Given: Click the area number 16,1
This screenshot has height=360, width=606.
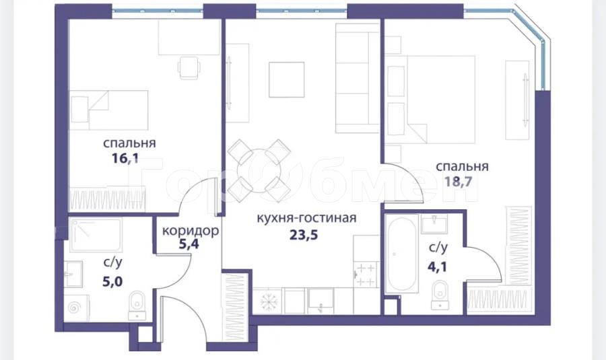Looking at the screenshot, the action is pyautogui.click(x=125, y=158).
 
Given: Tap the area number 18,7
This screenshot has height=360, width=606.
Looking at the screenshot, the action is pyautogui.click(x=458, y=181).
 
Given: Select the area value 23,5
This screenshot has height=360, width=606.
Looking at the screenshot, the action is pyautogui.click(x=304, y=234).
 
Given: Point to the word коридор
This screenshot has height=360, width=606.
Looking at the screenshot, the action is pyautogui.click(x=191, y=231).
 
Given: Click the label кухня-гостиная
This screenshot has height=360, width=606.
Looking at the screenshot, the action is pyautogui.click(x=306, y=218).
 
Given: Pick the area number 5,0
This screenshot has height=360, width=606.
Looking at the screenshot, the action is pyautogui.click(x=112, y=281).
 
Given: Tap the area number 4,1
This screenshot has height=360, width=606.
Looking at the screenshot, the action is pyautogui.click(x=437, y=266).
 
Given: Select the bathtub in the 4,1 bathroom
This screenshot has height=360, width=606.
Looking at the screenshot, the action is pyautogui.click(x=402, y=254).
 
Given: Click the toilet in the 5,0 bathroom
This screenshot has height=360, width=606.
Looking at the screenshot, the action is pyautogui.click(x=137, y=305).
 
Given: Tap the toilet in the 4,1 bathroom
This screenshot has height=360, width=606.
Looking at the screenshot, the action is pyautogui.click(x=440, y=295).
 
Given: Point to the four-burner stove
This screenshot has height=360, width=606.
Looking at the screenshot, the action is pyautogui.click(x=365, y=275).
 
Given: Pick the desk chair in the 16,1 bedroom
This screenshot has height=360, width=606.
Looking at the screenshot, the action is pyautogui.click(x=189, y=67).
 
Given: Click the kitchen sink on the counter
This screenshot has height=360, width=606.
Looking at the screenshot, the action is pyautogui.click(x=321, y=301).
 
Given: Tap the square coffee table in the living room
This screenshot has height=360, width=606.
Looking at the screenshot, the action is pyautogui.click(x=287, y=79).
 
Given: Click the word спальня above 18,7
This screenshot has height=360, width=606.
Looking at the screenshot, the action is pyautogui.click(x=462, y=166).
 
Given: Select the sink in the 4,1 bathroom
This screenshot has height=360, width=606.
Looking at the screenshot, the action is pyautogui.click(x=435, y=224).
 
